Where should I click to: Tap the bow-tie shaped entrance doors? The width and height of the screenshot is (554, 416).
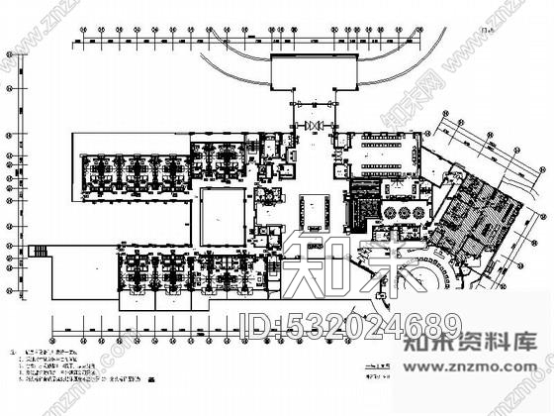315,126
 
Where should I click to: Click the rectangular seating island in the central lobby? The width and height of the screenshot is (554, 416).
317,209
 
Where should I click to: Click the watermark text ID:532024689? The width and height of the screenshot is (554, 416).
352,324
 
